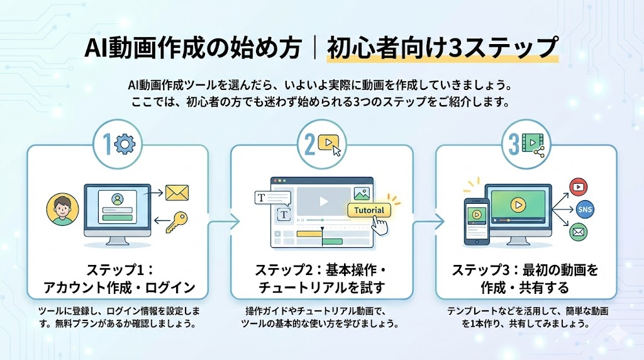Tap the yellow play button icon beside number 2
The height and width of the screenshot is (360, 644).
[328, 144]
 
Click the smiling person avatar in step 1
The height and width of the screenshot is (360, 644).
[60, 210]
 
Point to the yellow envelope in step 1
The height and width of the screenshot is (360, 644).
[178, 190]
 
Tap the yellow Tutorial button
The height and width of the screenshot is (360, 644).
[369, 210]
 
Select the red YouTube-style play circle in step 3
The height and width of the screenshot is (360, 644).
[577, 186]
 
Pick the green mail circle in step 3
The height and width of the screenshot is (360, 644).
[577, 233]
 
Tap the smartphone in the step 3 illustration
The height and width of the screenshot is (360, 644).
[476, 221]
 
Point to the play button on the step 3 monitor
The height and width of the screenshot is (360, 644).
[518, 204]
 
